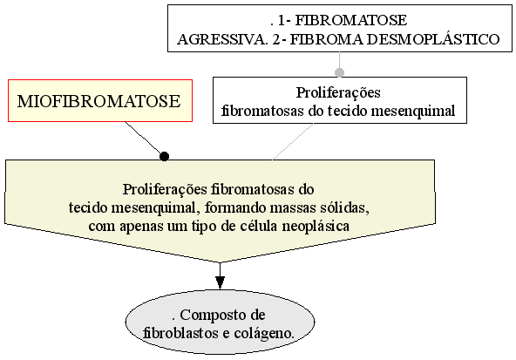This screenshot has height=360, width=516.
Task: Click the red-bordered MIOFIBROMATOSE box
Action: click(x=100, y=101)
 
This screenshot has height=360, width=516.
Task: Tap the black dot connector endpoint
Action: click(x=164, y=156)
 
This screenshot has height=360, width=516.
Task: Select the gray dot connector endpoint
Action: click(x=339, y=72)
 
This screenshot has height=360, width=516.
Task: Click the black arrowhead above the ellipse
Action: click(x=220, y=282)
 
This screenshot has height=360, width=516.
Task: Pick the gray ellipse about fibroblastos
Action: click(x=220, y=323)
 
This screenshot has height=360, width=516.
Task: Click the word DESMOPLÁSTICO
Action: click(x=433, y=39)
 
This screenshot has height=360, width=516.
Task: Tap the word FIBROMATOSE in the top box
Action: click(x=351, y=20)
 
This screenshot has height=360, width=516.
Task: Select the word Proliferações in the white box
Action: click(x=338, y=92)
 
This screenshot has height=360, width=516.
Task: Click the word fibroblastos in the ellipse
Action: click(x=181, y=333)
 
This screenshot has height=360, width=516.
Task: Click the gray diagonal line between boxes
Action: click(x=293, y=142)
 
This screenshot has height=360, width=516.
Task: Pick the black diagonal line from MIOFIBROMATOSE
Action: click(x=144, y=139)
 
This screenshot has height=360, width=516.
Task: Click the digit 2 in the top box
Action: click(x=276, y=39)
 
